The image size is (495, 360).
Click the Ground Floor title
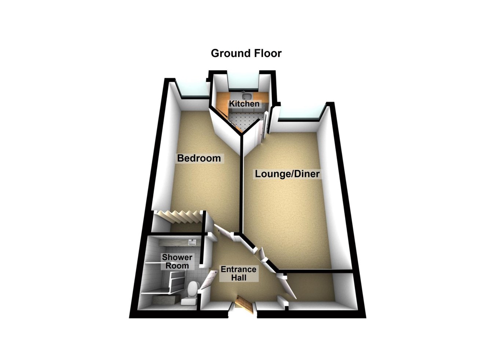246,53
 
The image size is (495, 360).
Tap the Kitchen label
244,104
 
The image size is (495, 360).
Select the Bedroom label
199,158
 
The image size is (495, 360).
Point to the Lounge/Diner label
287,174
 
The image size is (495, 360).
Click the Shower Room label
177,261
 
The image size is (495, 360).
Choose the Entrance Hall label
238,273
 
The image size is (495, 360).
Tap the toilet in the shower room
191,291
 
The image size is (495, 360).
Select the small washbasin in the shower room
192,242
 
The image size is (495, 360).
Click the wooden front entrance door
244,304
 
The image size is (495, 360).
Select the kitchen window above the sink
243,82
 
